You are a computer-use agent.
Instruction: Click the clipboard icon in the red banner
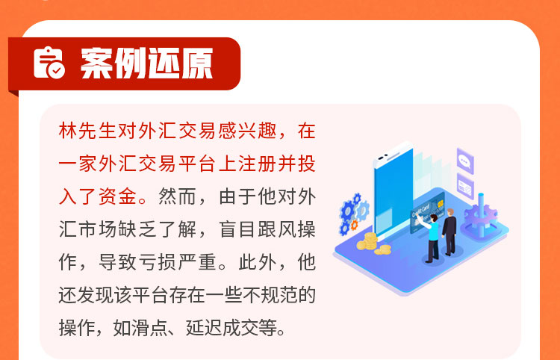click(49, 63)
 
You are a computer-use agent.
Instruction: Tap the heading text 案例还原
click(147, 63)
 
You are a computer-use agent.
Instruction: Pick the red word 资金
click(117, 196)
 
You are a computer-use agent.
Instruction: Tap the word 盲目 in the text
click(237, 229)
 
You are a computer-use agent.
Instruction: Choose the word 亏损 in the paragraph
click(157, 262)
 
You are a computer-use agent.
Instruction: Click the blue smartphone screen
click(393, 193)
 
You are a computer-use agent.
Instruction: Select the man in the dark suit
click(449, 232)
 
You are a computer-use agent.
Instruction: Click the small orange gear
click(354, 225)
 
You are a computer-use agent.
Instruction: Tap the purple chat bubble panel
click(465, 161)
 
